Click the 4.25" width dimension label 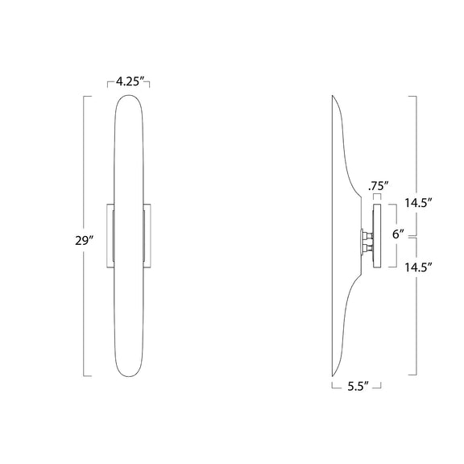point(128,81)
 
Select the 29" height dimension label point(84,241)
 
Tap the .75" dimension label point(378,186)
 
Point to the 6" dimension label point(398,234)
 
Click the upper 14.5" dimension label point(418,203)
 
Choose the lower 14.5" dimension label point(418,267)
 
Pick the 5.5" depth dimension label point(358,387)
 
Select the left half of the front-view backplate point(110,236)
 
